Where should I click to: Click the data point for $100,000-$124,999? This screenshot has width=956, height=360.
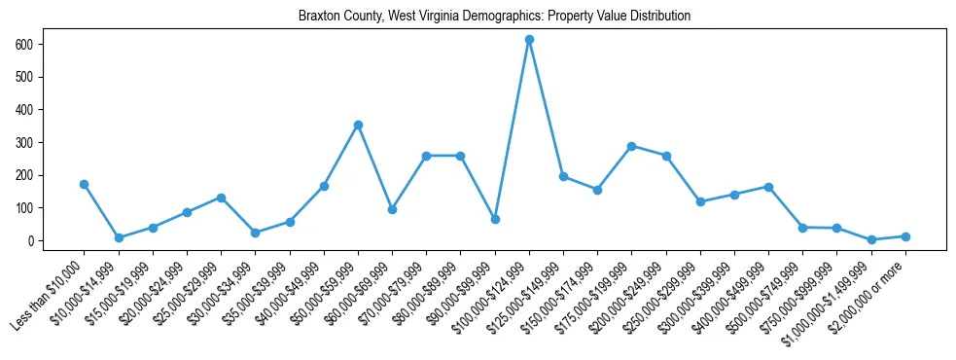point(529,40)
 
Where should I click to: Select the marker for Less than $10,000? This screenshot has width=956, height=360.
point(85,184)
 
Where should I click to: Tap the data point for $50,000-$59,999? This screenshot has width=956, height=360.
point(358,125)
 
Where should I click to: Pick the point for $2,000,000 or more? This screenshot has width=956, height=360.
point(905,236)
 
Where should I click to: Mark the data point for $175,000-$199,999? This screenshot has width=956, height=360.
point(632,146)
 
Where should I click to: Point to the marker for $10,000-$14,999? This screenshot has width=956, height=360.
point(119,237)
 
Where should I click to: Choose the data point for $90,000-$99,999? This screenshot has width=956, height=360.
point(495,219)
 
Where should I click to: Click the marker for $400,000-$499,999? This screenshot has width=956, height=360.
point(768,187)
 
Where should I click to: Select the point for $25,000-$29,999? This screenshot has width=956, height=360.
point(221,198)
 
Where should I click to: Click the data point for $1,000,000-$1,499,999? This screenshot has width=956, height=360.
point(871,239)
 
